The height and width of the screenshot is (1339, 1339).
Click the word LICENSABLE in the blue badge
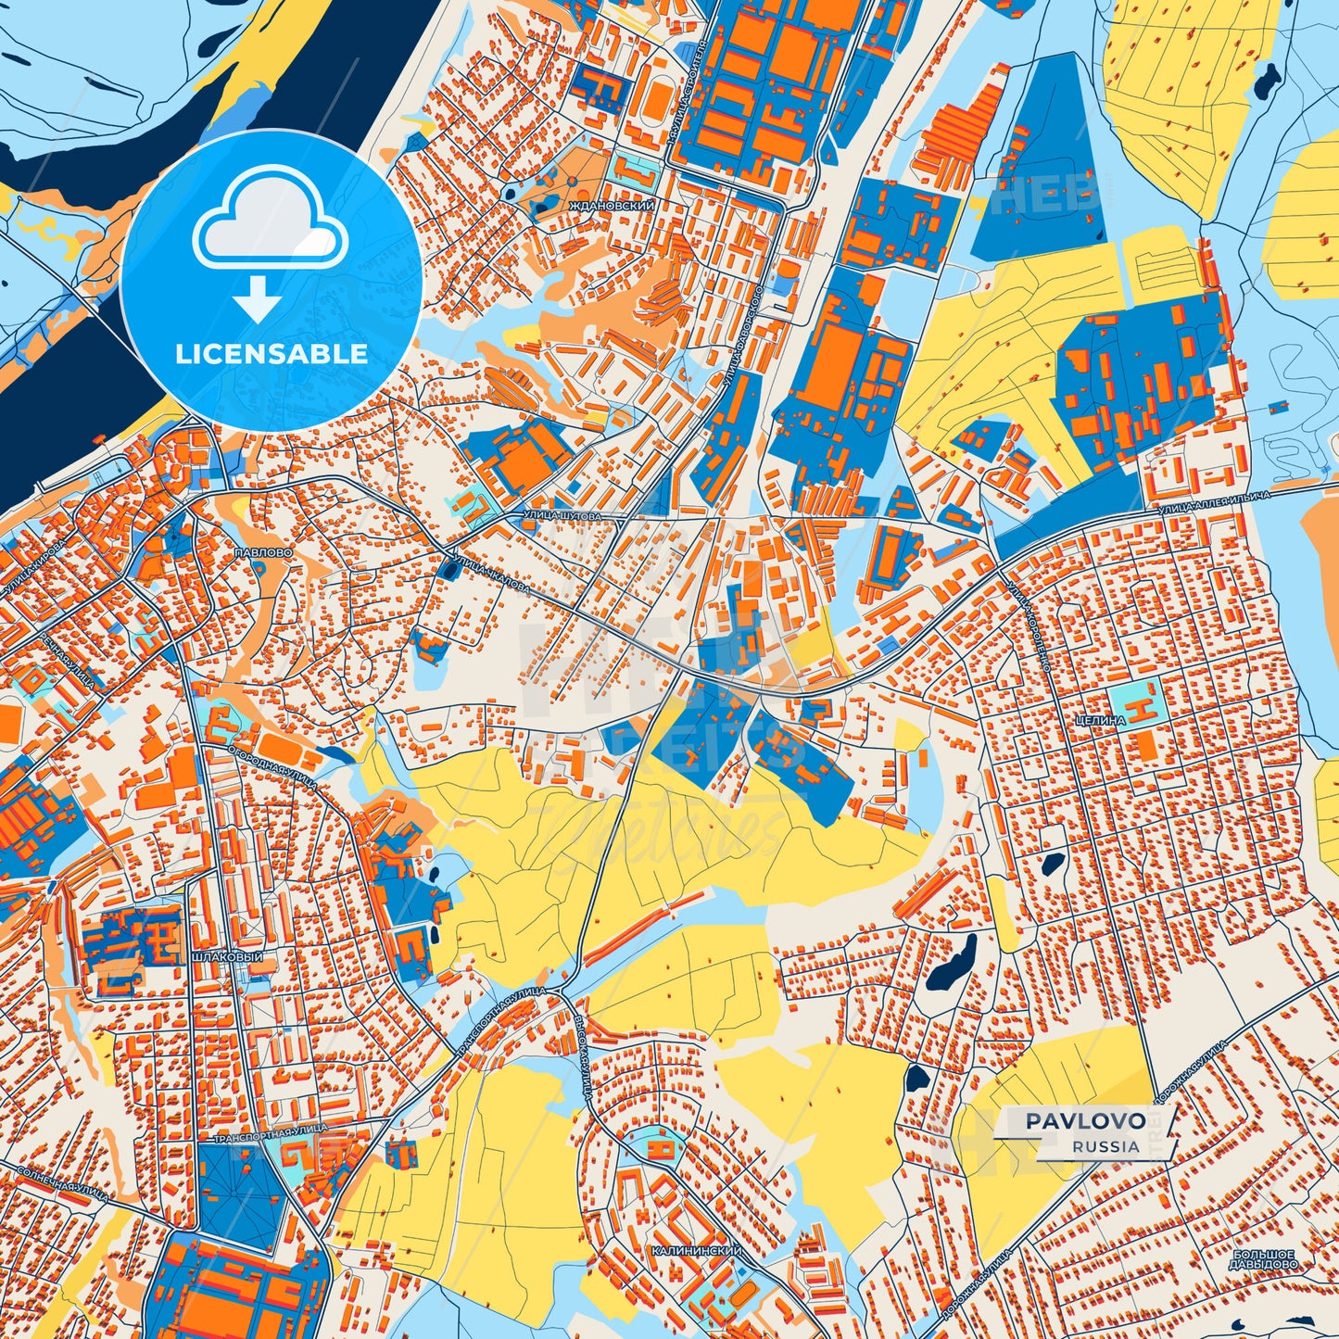click(x=272, y=354)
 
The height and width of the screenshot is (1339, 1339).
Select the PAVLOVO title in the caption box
click(x=1084, y=1121)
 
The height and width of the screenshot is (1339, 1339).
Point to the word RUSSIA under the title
click(x=1106, y=1146)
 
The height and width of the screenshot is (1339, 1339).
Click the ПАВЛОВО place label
click(x=264, y=551)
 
